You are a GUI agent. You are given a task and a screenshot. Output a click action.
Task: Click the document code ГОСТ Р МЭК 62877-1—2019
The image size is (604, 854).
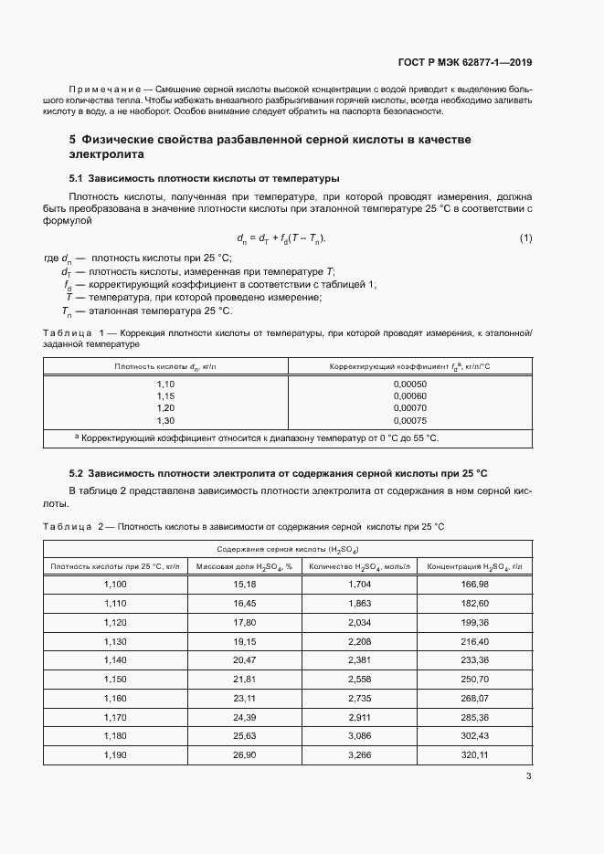(x=465, y=63)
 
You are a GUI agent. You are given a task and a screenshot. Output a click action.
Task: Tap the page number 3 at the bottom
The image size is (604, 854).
(x=528, y=776)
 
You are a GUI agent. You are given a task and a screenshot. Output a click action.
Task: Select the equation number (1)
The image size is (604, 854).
(x=525, y=238)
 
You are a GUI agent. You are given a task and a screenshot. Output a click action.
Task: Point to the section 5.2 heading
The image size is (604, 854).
(x=279, y=473)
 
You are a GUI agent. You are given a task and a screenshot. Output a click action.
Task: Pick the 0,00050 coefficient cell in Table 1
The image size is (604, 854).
(x=410, y=384)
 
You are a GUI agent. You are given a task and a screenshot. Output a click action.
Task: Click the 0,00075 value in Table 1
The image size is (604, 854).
(x=410, y=420)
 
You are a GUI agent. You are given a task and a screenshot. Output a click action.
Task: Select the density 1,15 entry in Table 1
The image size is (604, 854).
(x=165, y=395)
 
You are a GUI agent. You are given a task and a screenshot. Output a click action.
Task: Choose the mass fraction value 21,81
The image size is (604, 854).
(x=244, y=680)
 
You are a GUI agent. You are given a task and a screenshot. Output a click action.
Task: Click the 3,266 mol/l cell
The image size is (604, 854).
(x=360, y=754)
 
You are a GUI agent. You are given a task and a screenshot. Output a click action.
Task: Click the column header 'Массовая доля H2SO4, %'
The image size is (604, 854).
(x=244, y=566)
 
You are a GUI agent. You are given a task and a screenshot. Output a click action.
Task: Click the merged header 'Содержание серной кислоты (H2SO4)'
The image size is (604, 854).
(x=287, y=549)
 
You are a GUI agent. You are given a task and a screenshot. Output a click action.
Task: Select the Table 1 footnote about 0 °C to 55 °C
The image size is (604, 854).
(x=260, y=438)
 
